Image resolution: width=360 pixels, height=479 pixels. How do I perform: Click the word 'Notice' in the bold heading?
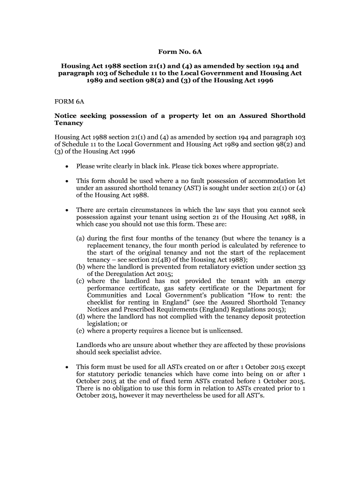click(67, 116)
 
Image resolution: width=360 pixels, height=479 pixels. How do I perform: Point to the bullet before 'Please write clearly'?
click(68, 167)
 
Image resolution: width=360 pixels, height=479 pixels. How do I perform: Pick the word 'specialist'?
click(125, 352)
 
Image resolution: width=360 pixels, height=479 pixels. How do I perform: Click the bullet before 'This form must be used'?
click(68, 367)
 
